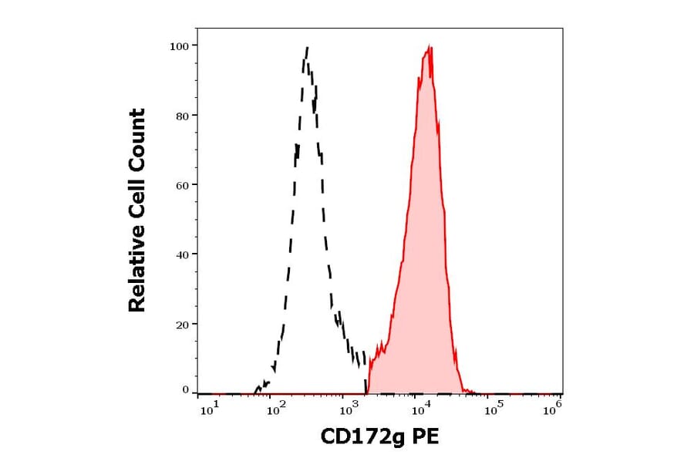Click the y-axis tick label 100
[179, 45]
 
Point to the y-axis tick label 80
[182, 116]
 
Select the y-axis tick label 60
[182, 185]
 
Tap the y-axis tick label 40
[182, 254]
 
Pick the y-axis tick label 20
[182, 325]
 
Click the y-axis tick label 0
[185, 390]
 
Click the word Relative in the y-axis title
[137, 274]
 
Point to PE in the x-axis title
[426, 438]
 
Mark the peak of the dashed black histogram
[307, 48]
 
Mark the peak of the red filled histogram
[428, 48]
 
